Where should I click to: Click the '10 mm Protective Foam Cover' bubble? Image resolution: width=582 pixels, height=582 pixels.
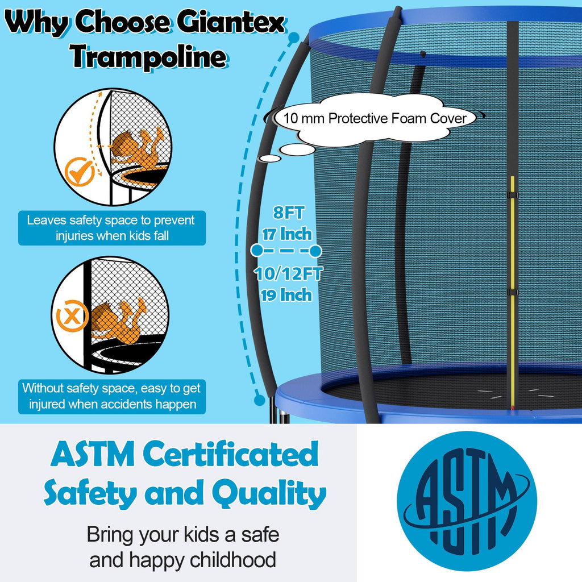[375, 118]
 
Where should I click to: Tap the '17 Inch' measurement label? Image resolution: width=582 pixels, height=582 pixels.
[287, 234]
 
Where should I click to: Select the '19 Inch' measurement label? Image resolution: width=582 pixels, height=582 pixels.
[287, 295]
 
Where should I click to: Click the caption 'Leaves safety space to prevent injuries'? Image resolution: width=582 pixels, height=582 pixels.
[111, 228]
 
